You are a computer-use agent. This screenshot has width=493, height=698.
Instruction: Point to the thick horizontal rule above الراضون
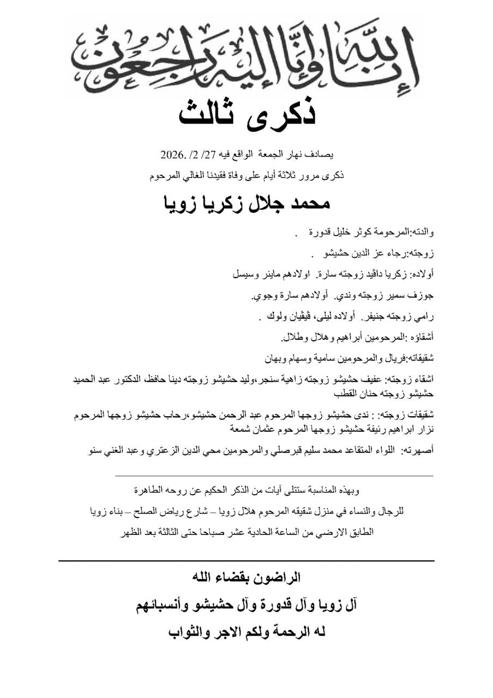point(246,561)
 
